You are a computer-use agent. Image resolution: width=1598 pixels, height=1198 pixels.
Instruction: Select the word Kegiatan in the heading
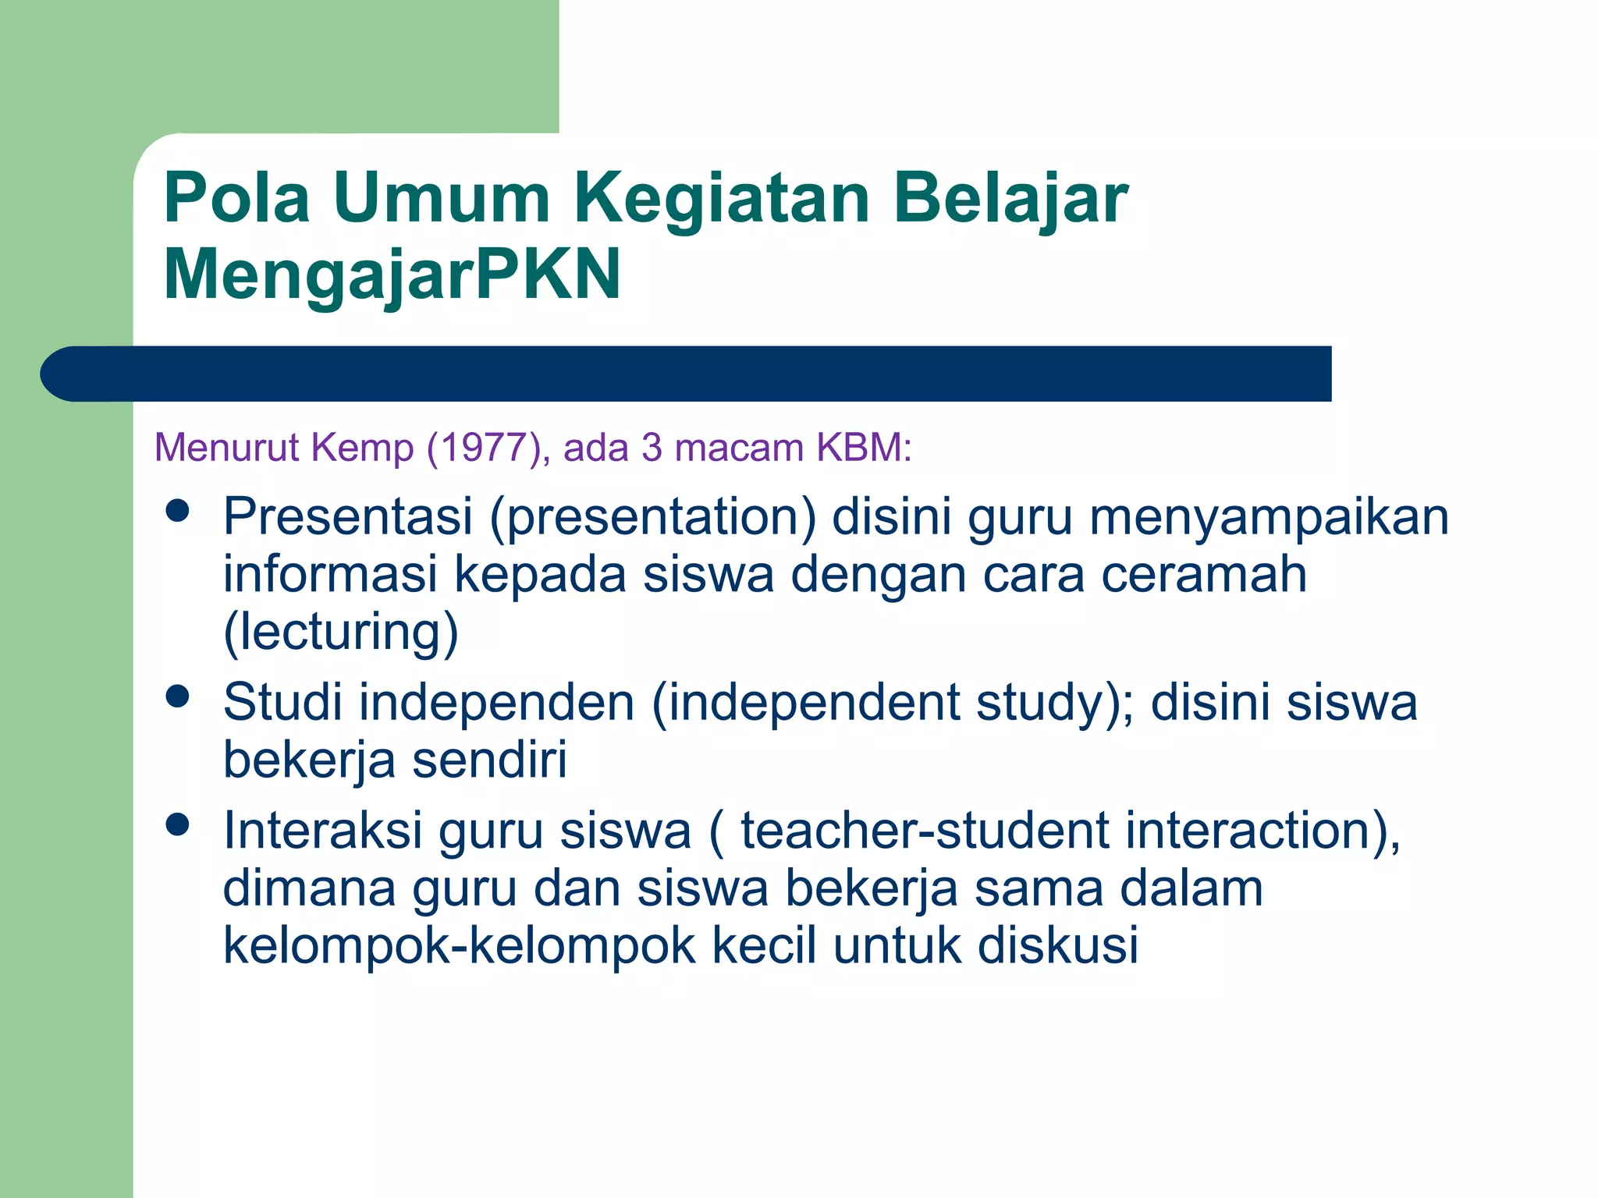pos(722,199)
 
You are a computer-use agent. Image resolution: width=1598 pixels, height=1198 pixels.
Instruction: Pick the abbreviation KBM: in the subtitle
pos(864,448)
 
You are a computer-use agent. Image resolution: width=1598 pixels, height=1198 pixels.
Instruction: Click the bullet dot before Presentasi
pos(178,511)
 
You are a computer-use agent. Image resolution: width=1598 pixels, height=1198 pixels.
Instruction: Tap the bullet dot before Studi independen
pos(178,696)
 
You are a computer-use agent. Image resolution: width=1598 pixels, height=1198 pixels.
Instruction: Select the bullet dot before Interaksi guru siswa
pos(178,824)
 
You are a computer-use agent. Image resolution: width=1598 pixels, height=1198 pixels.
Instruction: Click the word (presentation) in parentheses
pos(653,517)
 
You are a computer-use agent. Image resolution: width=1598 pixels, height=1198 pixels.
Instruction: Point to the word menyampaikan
pos(1269,517)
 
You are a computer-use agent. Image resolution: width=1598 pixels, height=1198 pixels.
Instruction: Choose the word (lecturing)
pos(341,632)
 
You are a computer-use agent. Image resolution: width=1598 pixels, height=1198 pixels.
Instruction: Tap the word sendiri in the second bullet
pos(489,760)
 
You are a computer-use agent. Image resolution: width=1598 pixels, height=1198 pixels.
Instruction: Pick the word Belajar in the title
pos(1011,199)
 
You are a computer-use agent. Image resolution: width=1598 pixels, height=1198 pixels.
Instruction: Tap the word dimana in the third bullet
pos(309,888)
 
